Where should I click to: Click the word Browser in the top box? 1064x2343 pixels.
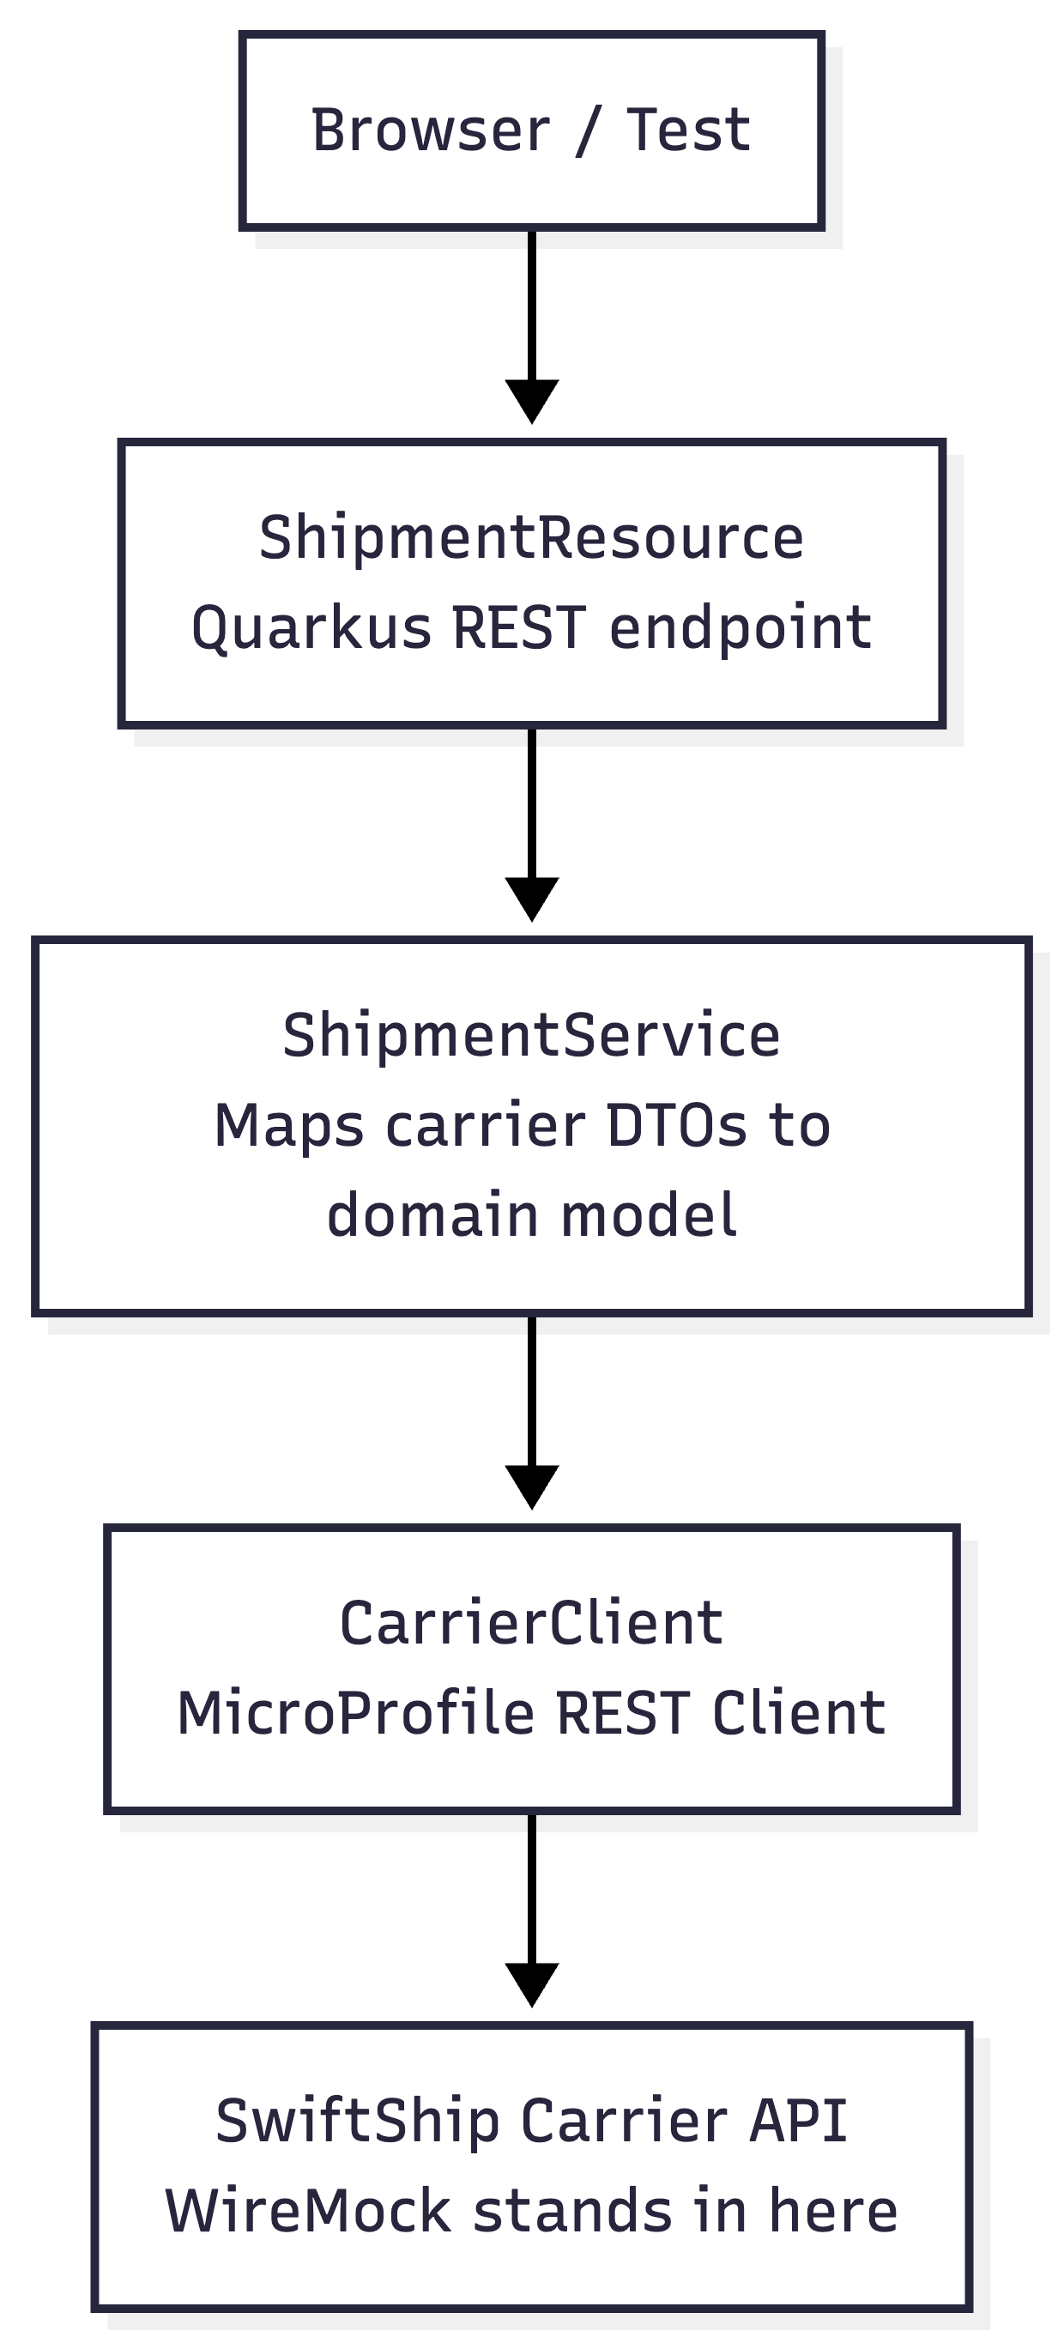[x=430, y=130]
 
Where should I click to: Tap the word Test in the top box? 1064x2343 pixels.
[x=688, y=130]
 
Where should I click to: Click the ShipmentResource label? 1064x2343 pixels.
[x=532, y=536]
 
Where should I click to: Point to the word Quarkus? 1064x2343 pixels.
[x=311, y=629]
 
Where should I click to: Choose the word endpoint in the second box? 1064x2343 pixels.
[x=741, y=627]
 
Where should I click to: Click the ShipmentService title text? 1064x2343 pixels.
[x=532, y=1035]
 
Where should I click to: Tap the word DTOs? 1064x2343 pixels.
[x=675, y=1126]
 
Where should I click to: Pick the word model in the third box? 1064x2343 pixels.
[x=649, y=1215]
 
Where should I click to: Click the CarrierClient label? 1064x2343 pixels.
[x=532, y=1624]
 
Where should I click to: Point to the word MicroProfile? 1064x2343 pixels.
[x=354, y=1714]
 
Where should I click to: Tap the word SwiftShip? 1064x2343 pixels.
[x=358, y=2122]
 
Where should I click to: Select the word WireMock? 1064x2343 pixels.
[x=307, y=2211]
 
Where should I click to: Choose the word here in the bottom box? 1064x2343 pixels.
[x=833, y=2211]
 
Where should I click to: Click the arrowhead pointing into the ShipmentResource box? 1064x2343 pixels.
[x=532, y=400]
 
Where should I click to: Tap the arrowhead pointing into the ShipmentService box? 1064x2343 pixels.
[x=532, y=898]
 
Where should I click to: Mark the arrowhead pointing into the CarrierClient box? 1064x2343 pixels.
[x=532, y=1486]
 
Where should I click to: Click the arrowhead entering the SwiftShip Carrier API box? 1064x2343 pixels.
[x=532, y=1983]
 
